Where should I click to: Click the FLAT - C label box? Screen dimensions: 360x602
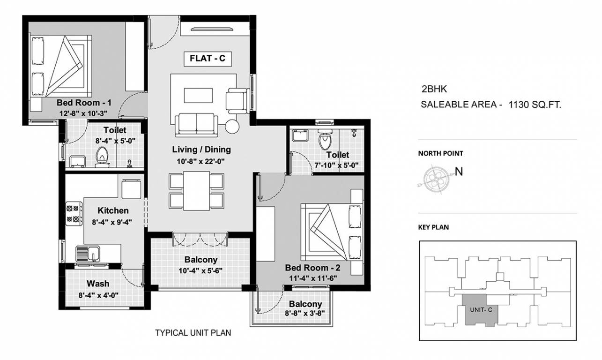(207, 59)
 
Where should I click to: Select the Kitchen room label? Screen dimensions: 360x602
(113, 211)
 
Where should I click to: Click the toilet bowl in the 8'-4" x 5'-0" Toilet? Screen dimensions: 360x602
(101, 156)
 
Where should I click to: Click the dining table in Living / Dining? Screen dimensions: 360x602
(196, 191)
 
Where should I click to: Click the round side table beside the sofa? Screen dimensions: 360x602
(232, 126)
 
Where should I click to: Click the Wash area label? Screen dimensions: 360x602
(98, 284)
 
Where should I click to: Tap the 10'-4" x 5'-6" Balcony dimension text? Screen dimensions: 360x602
(201, 270)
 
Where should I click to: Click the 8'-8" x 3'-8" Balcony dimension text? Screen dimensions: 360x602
(305, 314)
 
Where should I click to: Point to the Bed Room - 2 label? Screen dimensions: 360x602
(312, 268)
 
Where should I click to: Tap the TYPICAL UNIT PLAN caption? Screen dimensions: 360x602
(193, 333)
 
